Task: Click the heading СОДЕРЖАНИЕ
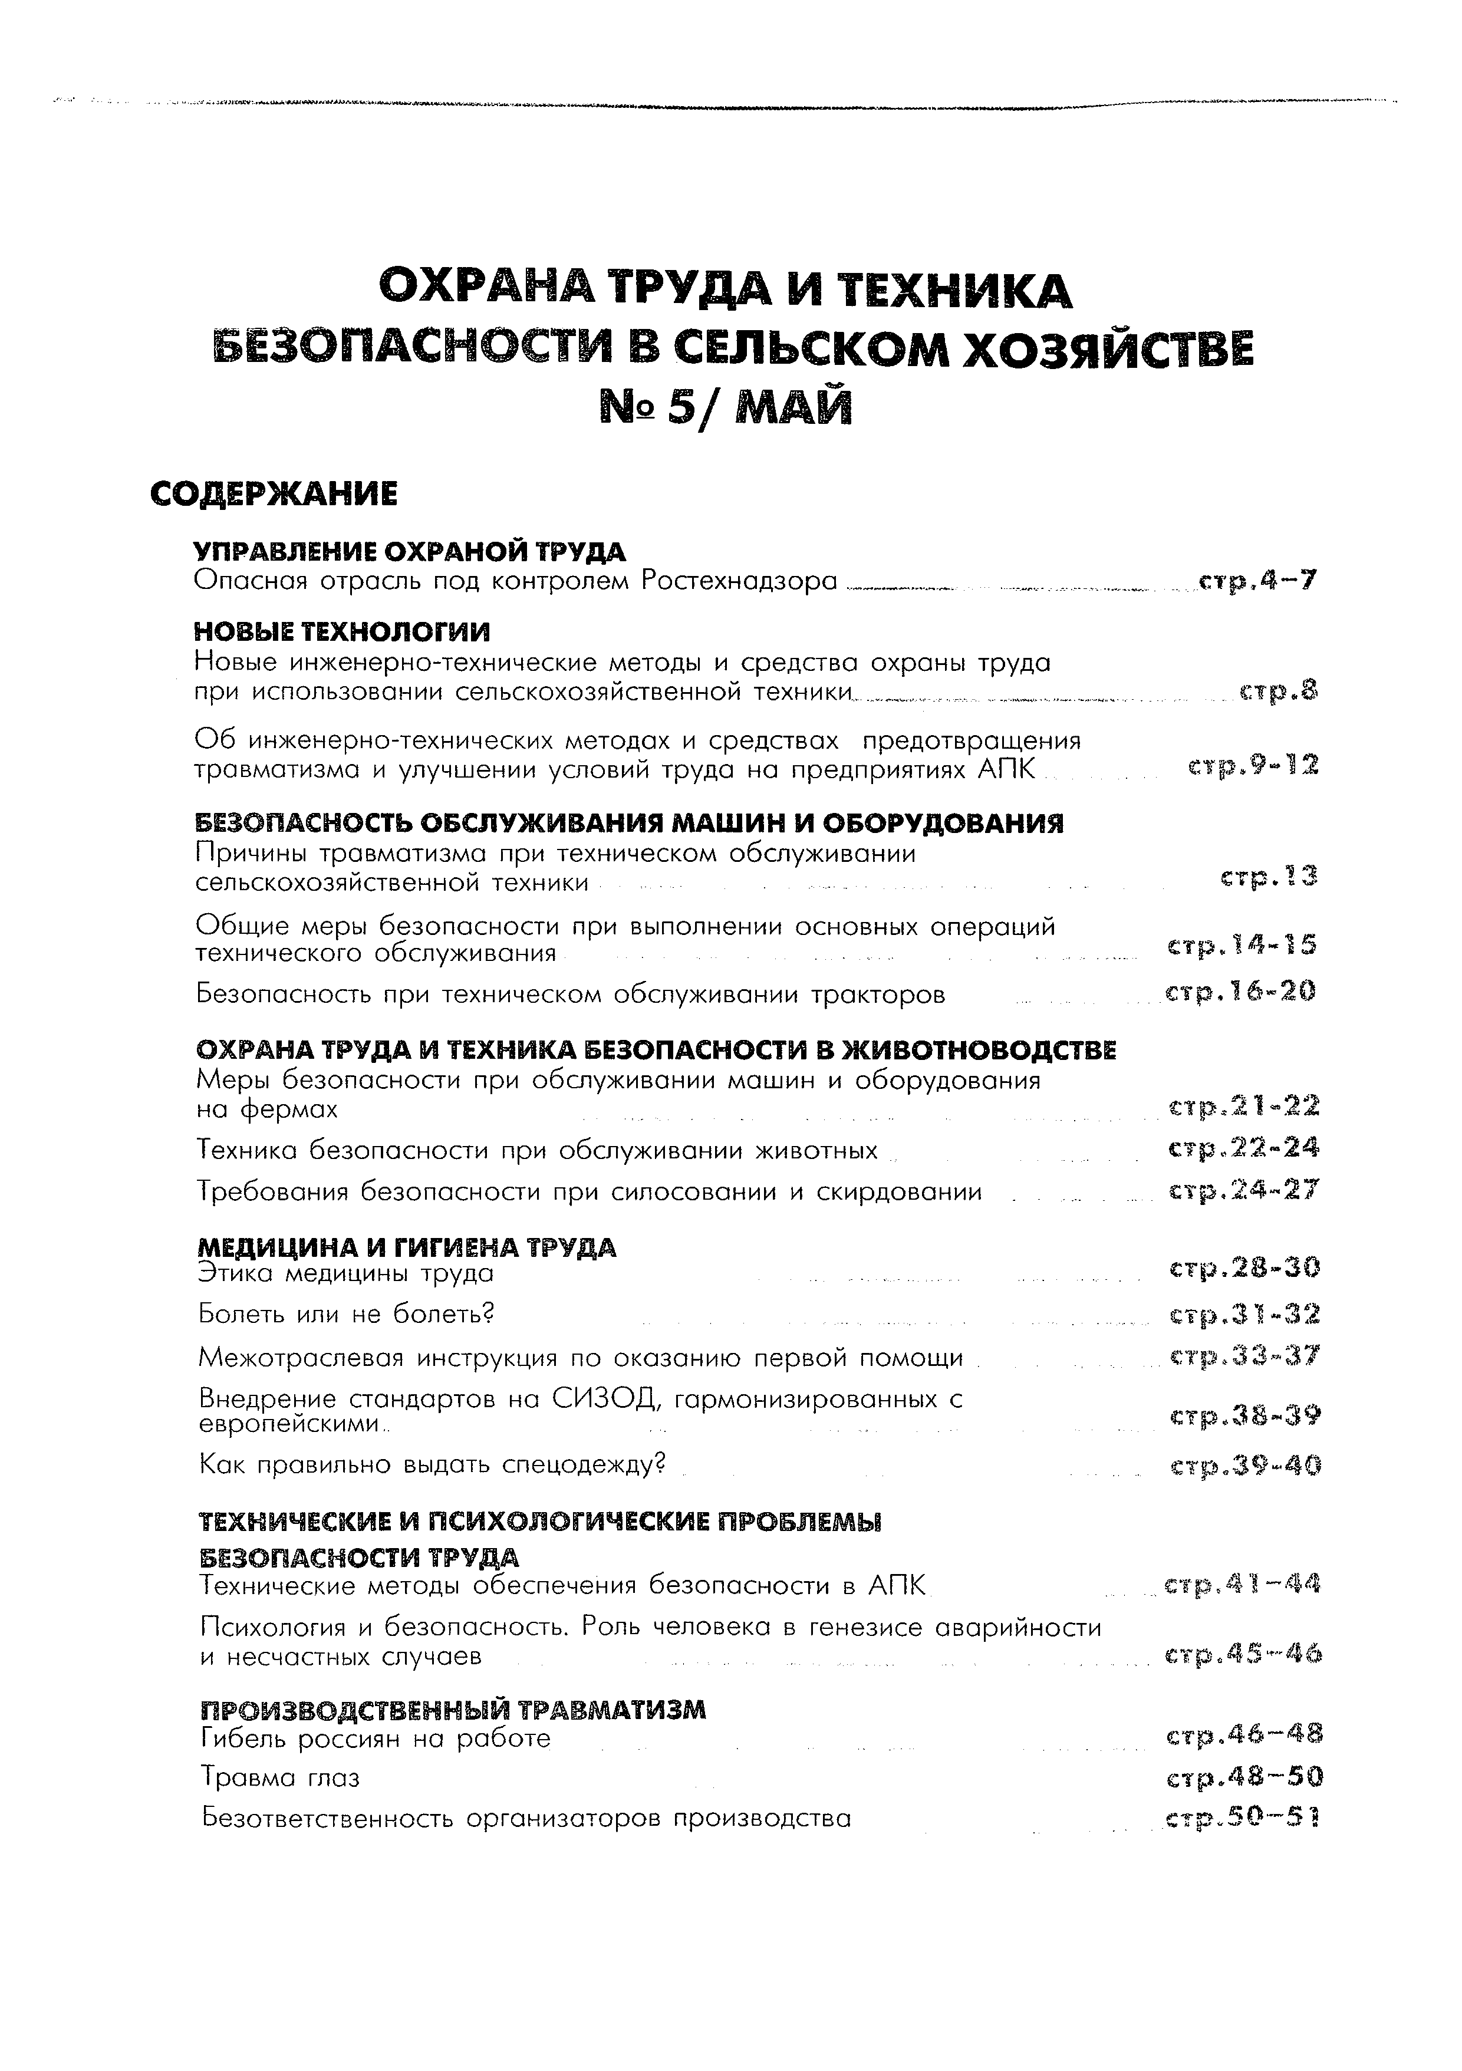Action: (x=274, y=493)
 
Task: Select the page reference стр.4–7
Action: (x=1258, y=582)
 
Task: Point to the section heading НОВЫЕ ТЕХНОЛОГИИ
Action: (x=343, y=631)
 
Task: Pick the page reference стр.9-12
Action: (x=1252, y=767)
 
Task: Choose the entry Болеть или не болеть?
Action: (x=346, y=1314)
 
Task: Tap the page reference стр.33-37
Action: (x=1244, y=1356)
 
